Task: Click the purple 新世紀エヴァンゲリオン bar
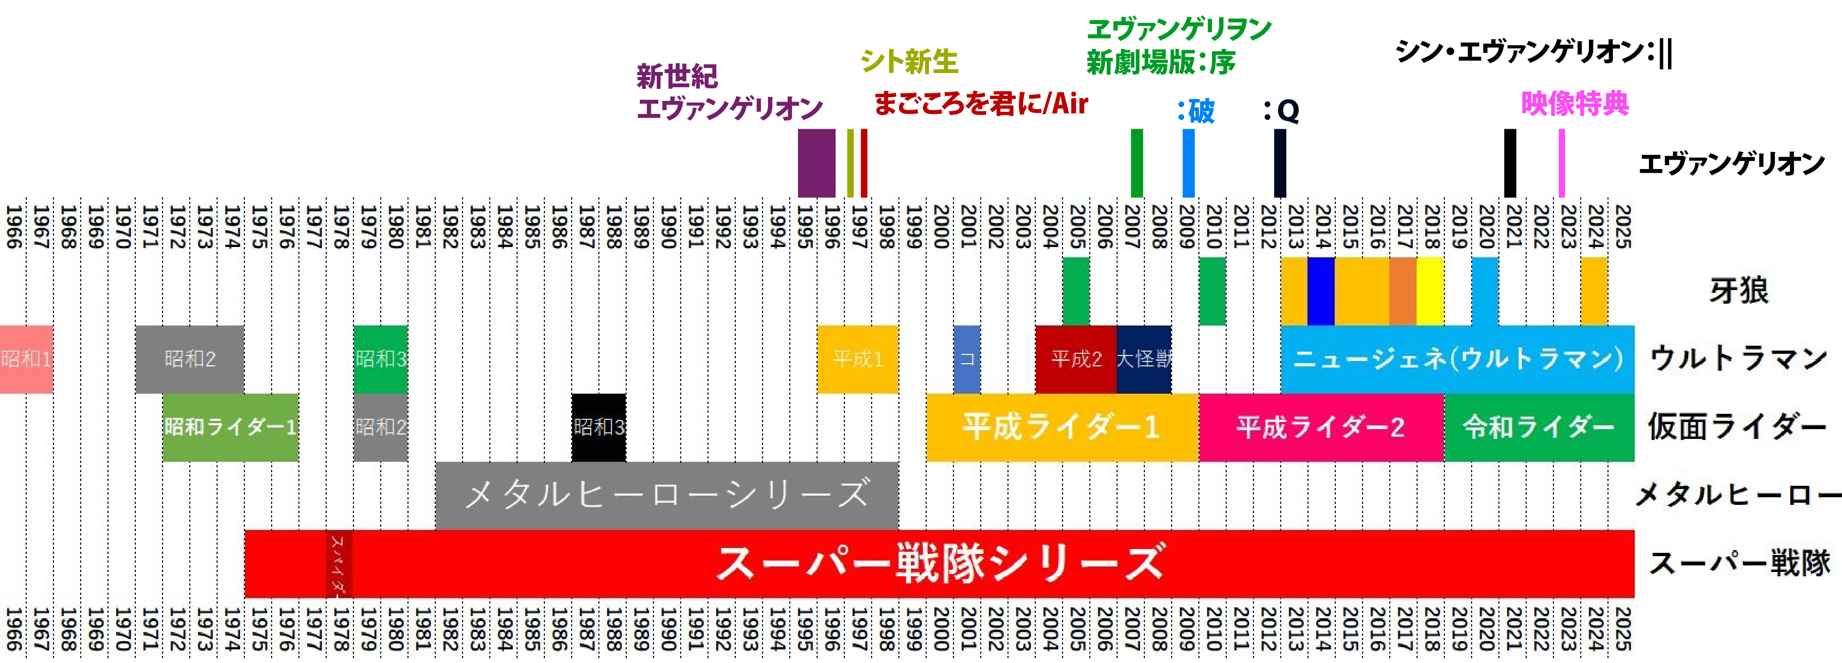(x=816, y=163)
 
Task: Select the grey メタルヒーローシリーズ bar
(x=667, y=495)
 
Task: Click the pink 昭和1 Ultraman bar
(x=26, y=359)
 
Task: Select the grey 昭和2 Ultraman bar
(x=189, y=359)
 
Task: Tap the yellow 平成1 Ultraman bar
(x=857, y=359)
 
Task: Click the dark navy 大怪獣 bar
(x=1143, y=359)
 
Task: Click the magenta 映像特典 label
(x=1575, y=104)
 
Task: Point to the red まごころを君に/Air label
(x=980, y=104)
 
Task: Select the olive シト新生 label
(x=909, y=62)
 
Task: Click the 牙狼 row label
(x=1738, y=290)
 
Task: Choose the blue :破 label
(x=1196, y=111)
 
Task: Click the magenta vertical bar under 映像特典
(x=1562, y=163)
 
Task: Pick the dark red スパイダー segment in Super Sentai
(x=339, y=563)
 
